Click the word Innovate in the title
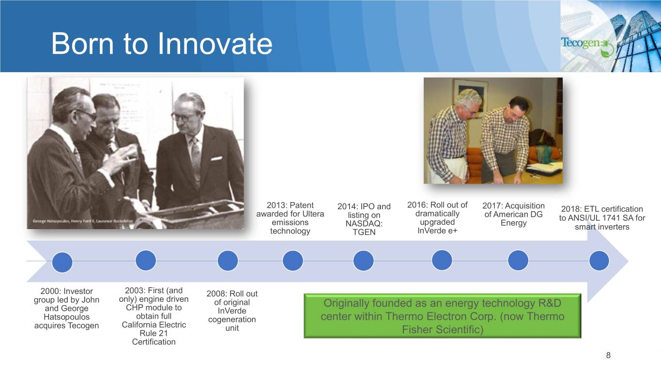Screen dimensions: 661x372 pos(215,44)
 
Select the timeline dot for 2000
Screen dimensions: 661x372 pos(62,262)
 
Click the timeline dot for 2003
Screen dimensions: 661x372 pos(145,261)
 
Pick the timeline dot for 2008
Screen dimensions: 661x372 pos(228,261)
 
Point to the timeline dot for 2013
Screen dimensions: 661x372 pos(292,261)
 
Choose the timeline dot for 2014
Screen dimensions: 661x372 pos(363,261)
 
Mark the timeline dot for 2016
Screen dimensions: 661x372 pos(442,260)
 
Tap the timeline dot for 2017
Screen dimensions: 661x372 pos(518,261)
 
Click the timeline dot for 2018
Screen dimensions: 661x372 pos(599,261)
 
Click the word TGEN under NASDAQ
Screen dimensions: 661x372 pos(364,232)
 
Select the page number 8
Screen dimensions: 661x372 pos(608,355)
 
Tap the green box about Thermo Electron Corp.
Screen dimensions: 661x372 pos(442,316)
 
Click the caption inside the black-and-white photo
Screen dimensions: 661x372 pos(83,221)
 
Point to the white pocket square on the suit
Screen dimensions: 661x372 pos(216,158)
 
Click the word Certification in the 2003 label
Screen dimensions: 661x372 pos(154,342)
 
